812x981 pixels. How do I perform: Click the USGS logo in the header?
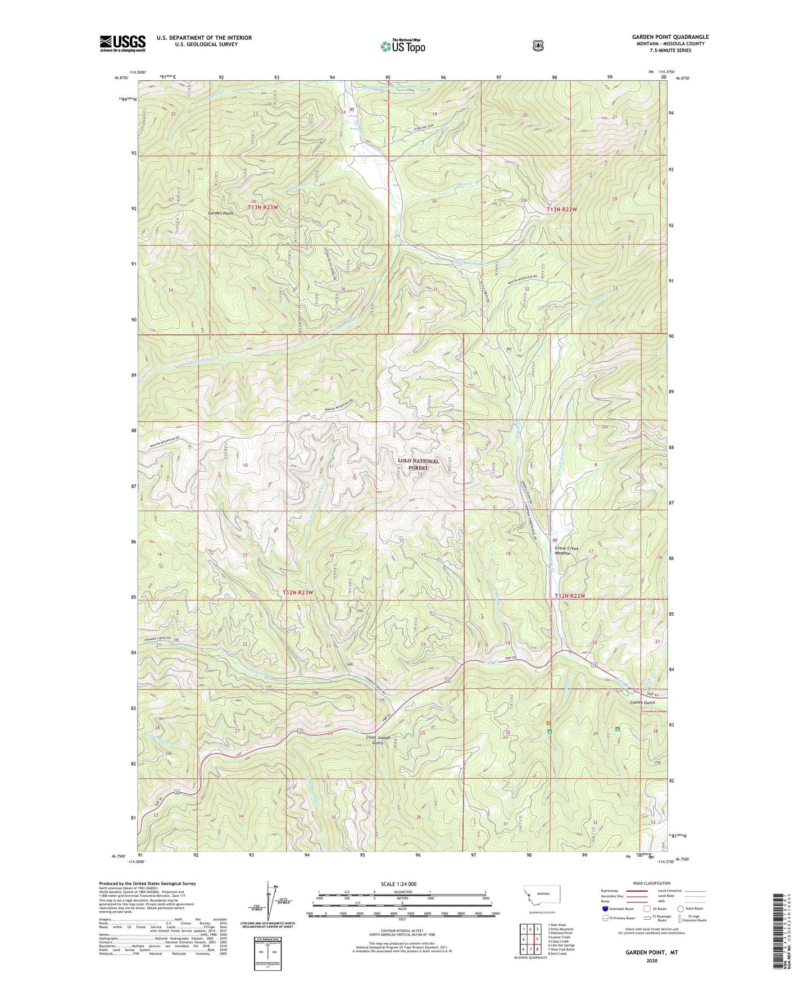click(x=123, y=43)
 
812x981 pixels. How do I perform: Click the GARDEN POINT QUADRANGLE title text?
click(x=670, y=37)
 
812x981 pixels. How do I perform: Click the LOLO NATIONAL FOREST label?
click(x=418, y=464)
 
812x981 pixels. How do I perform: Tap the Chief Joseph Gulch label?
click(x=378, y=740)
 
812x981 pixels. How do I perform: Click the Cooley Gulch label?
click(x=642, y=703)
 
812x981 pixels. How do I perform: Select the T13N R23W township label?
click(x=264, y=207)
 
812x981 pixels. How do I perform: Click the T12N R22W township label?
click(x=570, y=596)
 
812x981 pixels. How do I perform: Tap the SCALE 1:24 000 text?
click(x=402, y=884)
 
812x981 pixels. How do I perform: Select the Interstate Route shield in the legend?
click(x=605, y=908)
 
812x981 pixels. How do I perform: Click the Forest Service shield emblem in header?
click(x=538, y=46)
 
